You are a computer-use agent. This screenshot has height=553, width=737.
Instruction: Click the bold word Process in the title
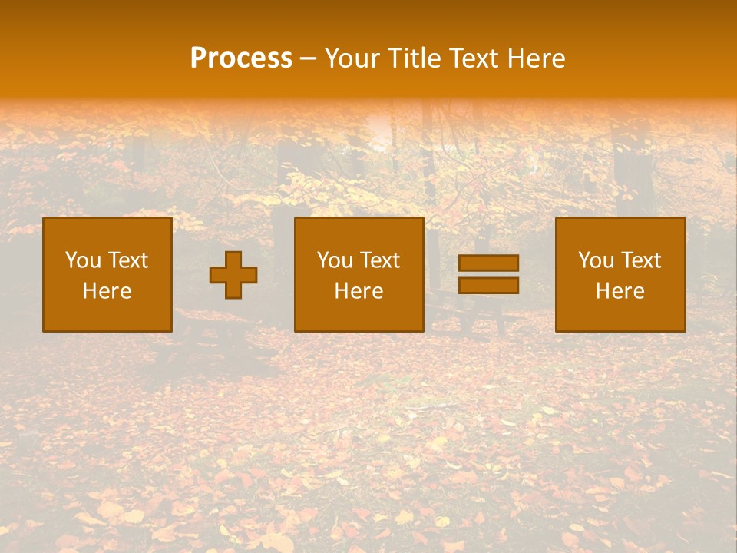tap(241, 58)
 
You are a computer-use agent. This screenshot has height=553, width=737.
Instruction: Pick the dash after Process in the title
tap(308, 59)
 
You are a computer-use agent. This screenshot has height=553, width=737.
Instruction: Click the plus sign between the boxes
tap(233, 275)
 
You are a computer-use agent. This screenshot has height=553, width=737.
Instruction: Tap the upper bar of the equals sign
tap(488, 263)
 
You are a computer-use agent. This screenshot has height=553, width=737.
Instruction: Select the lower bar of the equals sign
tap(488, 285)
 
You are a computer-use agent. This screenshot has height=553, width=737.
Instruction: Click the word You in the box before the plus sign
tap(83, 260)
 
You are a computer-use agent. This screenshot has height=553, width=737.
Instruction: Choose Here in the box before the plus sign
tap(107, 291)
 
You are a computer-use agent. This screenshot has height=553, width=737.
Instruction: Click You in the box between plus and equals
tap(335, 260)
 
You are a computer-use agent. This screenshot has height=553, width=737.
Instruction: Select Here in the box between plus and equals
tap(359, 291)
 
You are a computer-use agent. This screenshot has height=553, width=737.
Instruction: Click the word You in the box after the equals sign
tap(596, 260)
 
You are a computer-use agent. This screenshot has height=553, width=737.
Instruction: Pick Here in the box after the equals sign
tap(620, 291)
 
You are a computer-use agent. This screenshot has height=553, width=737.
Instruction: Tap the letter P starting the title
tap(199, 58)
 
